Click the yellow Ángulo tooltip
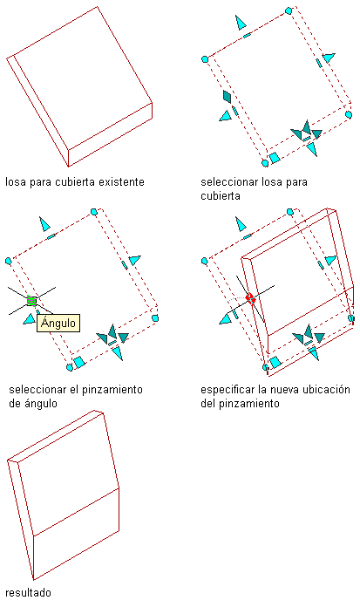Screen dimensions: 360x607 point(58,323)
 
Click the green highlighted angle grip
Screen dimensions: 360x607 point(31,300)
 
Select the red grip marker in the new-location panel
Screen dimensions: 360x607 point(250,298)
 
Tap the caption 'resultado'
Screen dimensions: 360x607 point(28,593)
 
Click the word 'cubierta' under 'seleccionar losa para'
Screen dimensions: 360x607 point(221,196)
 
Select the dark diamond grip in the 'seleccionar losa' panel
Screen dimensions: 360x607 point(228,97)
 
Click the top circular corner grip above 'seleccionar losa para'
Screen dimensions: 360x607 point(289,10)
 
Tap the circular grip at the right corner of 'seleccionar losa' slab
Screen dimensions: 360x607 point(349,114)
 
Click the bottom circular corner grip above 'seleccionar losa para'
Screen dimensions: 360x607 point(265,163)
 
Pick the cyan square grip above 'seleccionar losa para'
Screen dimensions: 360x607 point(275,158)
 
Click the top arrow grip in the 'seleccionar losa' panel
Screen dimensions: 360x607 point(241,23)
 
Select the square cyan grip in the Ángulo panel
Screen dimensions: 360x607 point(79,362)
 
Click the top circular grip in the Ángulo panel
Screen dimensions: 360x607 point(93,212)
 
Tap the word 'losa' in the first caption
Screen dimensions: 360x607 point(15,182)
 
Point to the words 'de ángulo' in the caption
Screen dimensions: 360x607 point(33,404)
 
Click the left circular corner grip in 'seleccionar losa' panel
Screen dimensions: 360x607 point(205,59)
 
